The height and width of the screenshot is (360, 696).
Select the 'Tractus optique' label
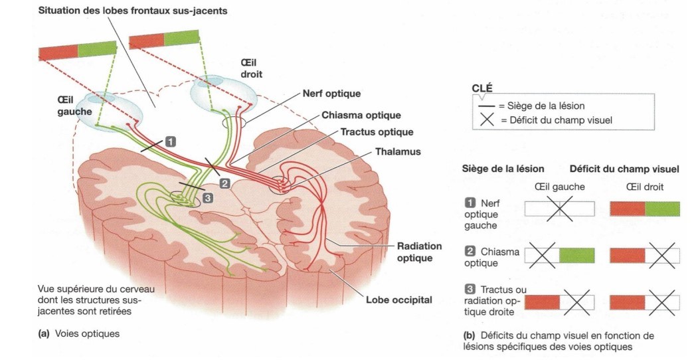pos(377,133)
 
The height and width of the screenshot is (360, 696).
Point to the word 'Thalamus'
pos(398,151)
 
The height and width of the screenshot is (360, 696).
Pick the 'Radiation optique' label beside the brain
pos(419,252)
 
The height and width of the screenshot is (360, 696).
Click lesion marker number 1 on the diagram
pos(171,141)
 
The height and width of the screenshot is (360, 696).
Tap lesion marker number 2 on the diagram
pos(224,183)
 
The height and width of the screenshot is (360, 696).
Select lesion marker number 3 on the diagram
pos(207,197)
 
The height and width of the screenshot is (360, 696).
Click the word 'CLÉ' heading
pos(482,88)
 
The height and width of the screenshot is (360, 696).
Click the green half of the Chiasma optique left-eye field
pos(576,256)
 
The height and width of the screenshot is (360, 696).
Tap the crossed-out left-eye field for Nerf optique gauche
pos(559,209)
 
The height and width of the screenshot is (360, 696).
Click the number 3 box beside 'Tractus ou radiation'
pos(470,290)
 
